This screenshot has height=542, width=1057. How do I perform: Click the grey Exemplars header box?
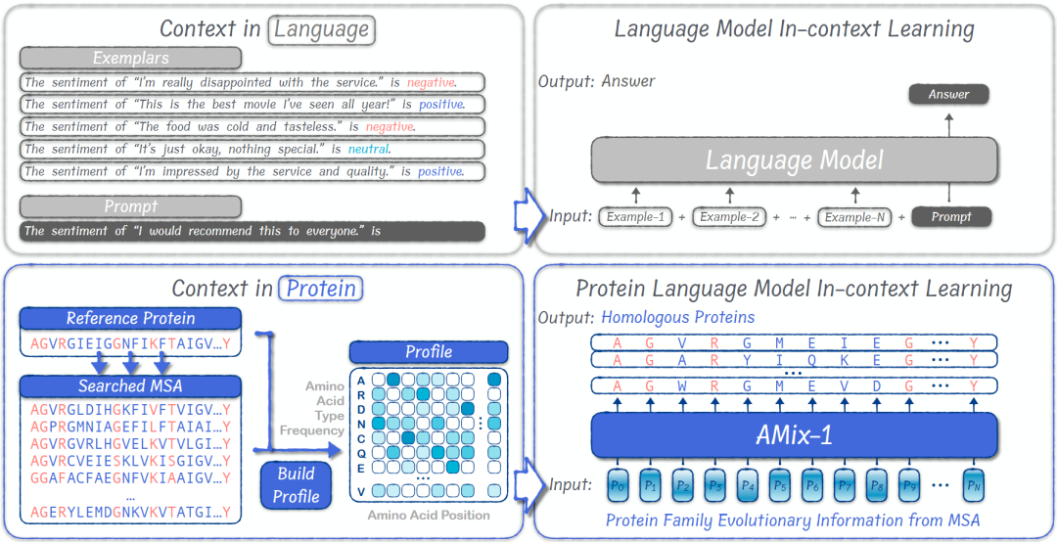[129, 58]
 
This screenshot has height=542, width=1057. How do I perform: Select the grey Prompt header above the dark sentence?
[129, 206]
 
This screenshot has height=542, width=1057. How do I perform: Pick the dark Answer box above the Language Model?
[948, 95]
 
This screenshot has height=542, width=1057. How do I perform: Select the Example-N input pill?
[854, 216]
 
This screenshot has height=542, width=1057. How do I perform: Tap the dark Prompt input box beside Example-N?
[951, 216]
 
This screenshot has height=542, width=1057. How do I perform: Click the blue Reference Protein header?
[130, 318]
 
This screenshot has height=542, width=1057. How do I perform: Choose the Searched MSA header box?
[130, 386]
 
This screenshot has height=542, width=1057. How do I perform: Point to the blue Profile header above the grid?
[429, 351]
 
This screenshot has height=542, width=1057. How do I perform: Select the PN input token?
[972, 484]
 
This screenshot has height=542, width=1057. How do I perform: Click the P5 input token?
[780, 484]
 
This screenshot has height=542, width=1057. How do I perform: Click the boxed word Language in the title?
[322, 29]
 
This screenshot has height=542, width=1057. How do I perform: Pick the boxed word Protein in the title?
[321, 289]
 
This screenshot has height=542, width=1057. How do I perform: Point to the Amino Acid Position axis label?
[429, 515]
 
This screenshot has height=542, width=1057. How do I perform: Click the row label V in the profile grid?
[361, 491]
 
